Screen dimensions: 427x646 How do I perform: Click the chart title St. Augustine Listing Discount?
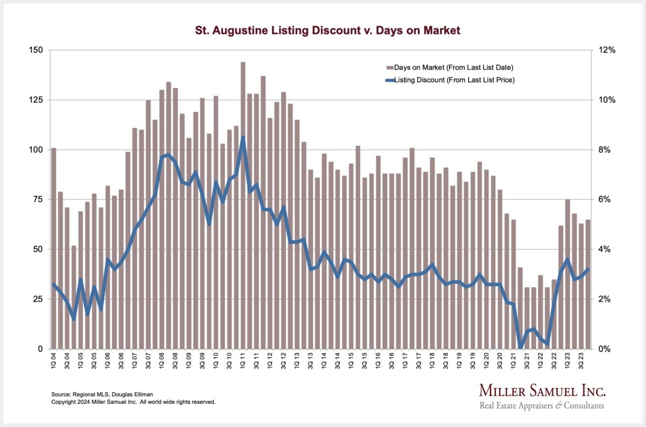pyautogui.click(x=323, y=31)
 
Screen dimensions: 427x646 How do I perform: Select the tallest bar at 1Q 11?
pyautogui.click(x=243, y=204)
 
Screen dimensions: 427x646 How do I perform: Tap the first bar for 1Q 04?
pyautogui.click(x=53, y=247)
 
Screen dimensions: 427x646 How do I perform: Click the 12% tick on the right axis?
pyautogui.click(x=606, y=50)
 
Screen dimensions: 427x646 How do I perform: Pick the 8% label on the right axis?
pyautogui.click(x=604, y=150)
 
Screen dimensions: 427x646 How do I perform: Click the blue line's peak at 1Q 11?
pyautogui.click(x=243, y=137)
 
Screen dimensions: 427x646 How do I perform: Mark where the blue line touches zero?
pyautogui.click(x=520, y=348)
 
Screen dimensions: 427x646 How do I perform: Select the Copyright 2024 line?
pyautogui.click(x=133, y=402)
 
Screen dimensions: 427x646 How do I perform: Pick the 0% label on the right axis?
pyautogui.click(x=604, y=349)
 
